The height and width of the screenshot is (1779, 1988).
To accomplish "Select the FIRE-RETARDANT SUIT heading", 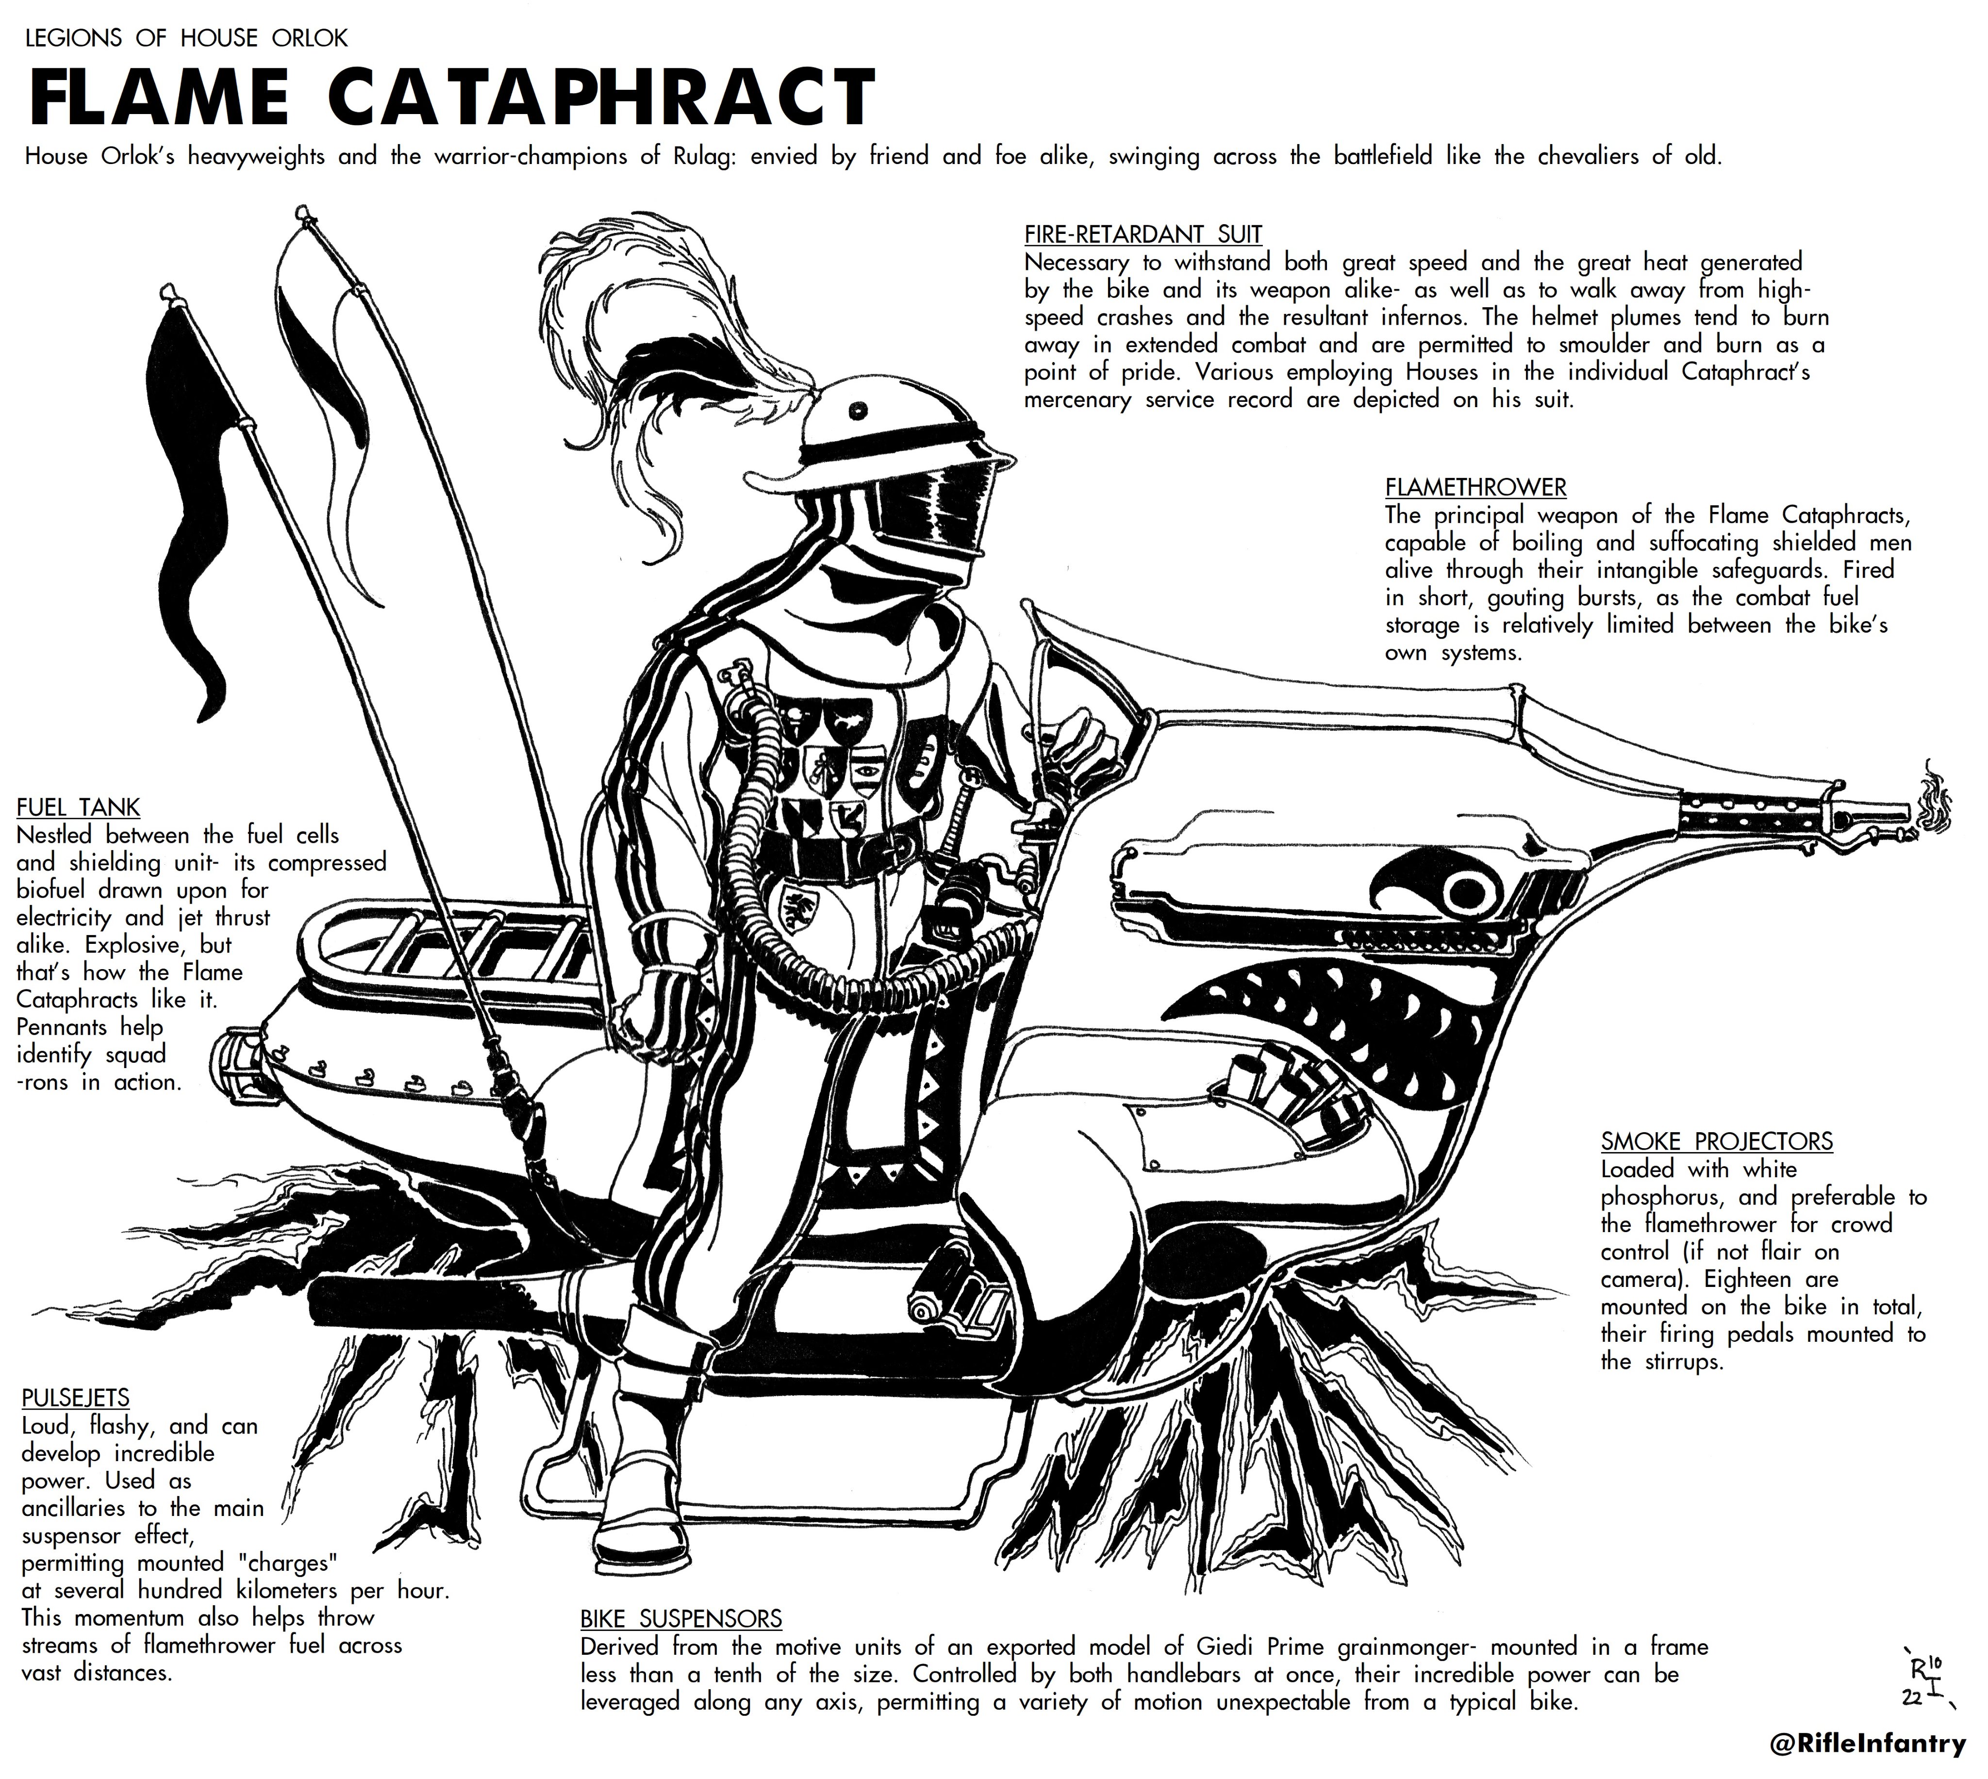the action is click(1143, 234).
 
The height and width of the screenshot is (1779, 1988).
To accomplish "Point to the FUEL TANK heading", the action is click(78, 807).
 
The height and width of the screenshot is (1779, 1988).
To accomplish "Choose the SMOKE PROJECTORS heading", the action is click(1716, 1141).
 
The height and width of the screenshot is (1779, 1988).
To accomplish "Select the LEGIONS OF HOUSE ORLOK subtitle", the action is click(186, 38).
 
